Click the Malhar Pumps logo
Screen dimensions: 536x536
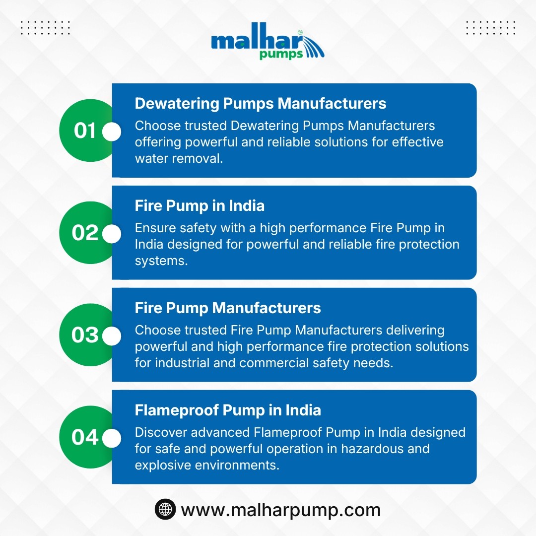click(x=268, y=41)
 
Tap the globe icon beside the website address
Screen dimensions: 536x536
click(x=165, y=509)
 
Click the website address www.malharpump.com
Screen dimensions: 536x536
click(x=280, y=510)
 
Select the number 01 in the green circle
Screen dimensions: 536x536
click(x=85, y=131)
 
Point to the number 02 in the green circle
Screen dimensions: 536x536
click(x=85, y=233)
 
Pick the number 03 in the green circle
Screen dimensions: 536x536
click(x=85, y=335)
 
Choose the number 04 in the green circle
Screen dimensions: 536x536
click(x=85, y=437)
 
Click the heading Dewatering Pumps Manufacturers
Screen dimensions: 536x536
click(x=261, y=103)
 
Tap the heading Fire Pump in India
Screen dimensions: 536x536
click(x=200, y=206)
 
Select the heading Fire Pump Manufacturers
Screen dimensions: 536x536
click(x=228, y=308)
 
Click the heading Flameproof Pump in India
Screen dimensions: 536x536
click(x=228, y=410)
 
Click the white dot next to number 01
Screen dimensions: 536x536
click(x=112, y=132)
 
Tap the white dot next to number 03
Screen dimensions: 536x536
click(x=112, y=336)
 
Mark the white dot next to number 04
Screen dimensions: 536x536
click(x=112, y=438)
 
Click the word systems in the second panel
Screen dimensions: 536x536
click(x=161, y=261)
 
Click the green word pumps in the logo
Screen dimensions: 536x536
click(x=281, y=55)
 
